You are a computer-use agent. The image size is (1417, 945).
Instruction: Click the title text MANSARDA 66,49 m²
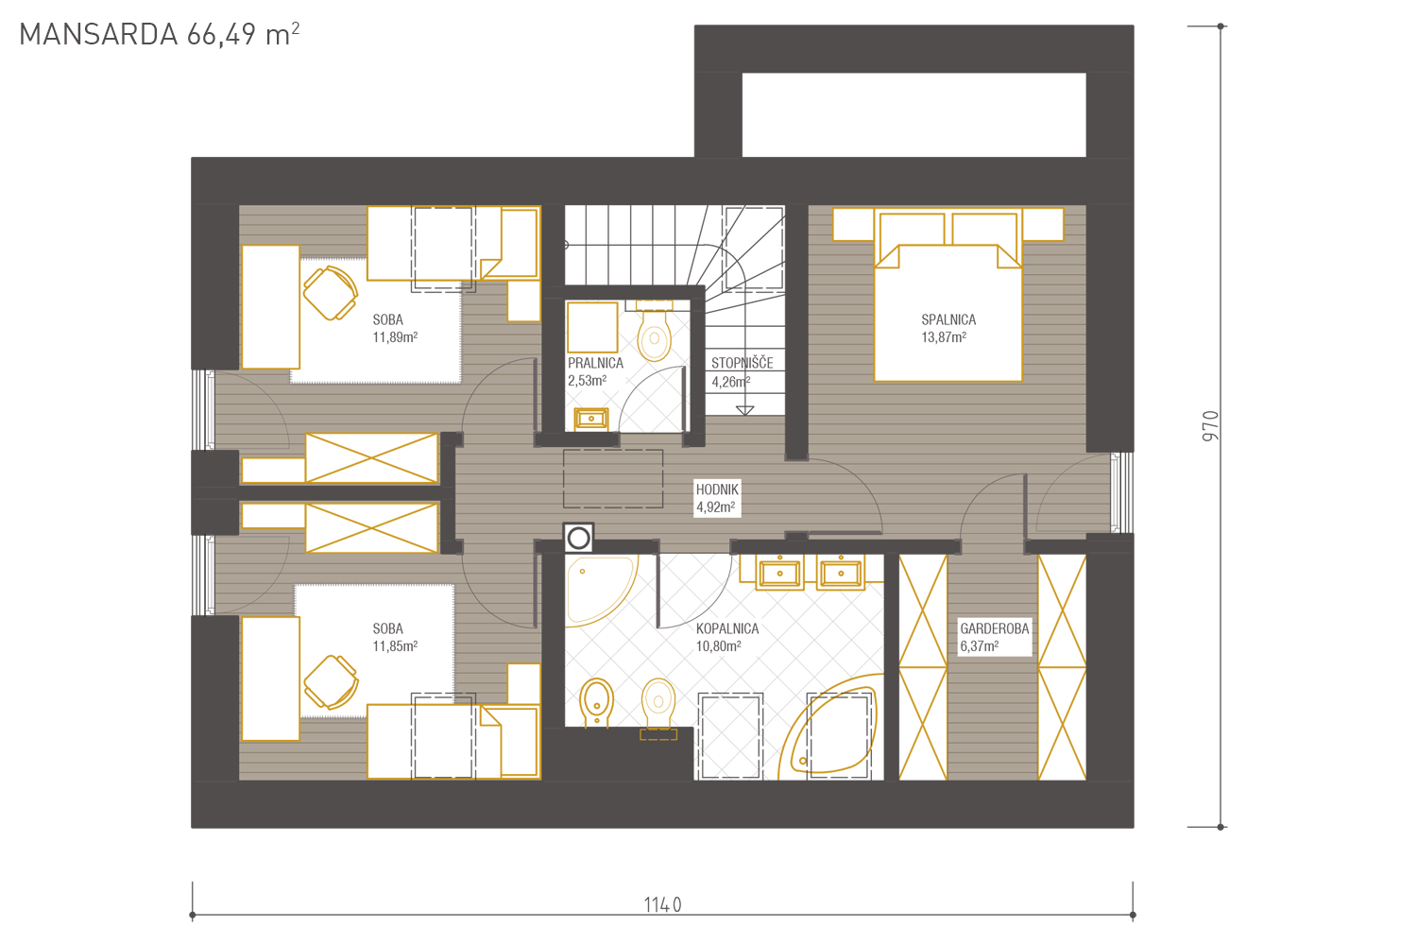[160, 35]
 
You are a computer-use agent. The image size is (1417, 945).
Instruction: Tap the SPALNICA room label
[948, 320]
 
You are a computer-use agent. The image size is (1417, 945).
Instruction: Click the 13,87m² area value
[944, 337]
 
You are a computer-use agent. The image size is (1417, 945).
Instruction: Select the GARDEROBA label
[995, 628]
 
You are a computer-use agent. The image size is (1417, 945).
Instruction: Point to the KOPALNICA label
[727, 628]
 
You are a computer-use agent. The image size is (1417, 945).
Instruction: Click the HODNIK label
[717, 490]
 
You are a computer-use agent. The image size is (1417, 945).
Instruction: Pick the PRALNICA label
[595, 363]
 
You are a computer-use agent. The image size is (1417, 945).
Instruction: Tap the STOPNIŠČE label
[742, 363]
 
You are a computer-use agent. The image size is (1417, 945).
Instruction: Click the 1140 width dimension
[662, 905]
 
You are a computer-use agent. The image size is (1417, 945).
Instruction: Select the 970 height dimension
[1210, 426]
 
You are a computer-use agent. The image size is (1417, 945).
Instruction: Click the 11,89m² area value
[395, 337]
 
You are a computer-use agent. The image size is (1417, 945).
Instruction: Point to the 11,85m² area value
[395, 646]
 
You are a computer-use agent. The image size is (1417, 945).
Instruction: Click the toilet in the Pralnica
[654, 331]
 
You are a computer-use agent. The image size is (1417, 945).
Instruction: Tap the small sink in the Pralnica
[590, 419]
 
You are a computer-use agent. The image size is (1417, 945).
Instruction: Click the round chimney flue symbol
[579, 539]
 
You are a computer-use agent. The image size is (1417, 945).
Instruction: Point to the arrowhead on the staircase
[745, 411]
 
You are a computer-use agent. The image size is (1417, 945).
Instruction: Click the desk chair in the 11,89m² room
[331, 293]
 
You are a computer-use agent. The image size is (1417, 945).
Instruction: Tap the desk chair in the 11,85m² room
[331, 682]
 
